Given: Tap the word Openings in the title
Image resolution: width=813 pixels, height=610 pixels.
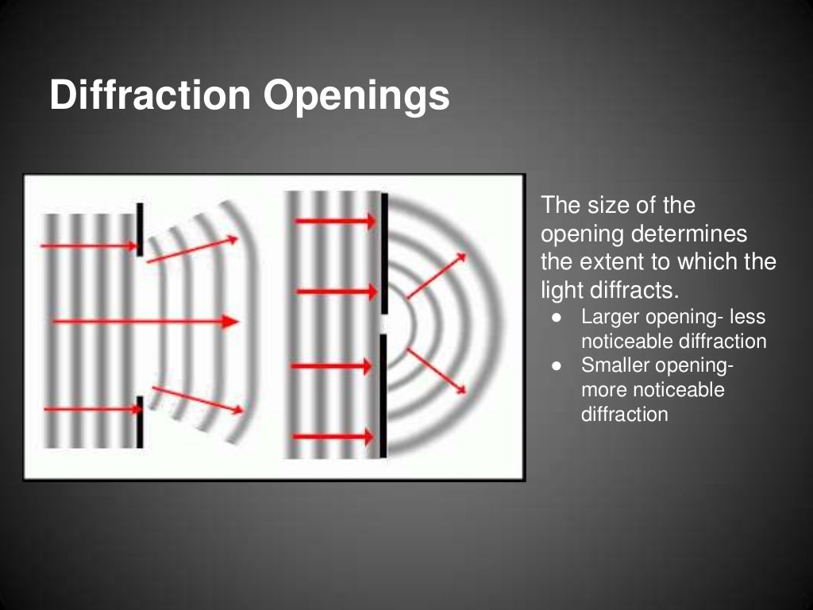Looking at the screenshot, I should [x=356, y=97].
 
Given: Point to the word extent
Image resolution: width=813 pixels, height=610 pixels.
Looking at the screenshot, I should [x=617, y=262].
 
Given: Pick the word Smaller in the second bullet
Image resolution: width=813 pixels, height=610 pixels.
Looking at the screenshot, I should [x=618, y=366].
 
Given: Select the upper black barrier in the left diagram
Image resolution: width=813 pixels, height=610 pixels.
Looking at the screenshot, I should [x=140, y=230].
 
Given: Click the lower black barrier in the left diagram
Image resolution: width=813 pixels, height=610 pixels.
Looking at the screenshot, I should [x=140, y=422].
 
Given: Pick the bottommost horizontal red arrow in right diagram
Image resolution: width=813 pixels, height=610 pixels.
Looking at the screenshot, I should [x=333, y=437].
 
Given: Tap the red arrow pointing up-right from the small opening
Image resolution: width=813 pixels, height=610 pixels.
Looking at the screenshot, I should [x=437, y=275].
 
